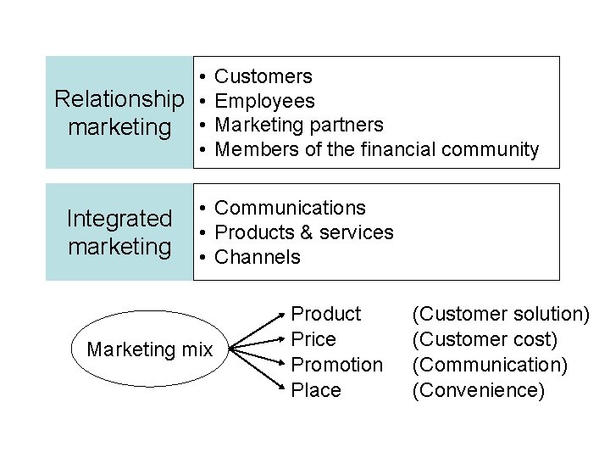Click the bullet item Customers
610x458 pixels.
pyautogui.click(x=263, y=77)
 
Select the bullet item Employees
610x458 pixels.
pyautogui.click(x=265, y=102)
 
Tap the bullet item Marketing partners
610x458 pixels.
pyautogui.click(x=299, y=126)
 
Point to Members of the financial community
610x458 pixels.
pyautogui.click(x=377, y=150)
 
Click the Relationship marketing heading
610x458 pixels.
pyautogui.click(x=119, y=113)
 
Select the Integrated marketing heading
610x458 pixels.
pyautogui.click(x=119, y=232)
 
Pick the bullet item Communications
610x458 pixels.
pyautogui.click(x=290, y=208)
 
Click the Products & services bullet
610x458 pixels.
pyautogui.click(x=304, y=232)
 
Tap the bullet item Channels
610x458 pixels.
pyautogui.click(x=258, y=257)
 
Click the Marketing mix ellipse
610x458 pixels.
pyautogui.click(x=150, y=349)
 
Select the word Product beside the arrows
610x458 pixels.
pyautogui.click(x=326, y=315)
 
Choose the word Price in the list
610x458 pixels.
pyautogui.click(x=313, y=340)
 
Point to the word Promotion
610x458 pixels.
pyautogui.click(x=336, y=365)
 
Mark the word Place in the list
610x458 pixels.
pyautogui.click(x=316, y=390)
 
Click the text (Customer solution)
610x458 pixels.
pyautogui.click(x=501, y=315)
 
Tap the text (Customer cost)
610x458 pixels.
pyautogui.click(x=485, y=340)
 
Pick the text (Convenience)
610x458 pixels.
pyautogui.click(x=479, y=390)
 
